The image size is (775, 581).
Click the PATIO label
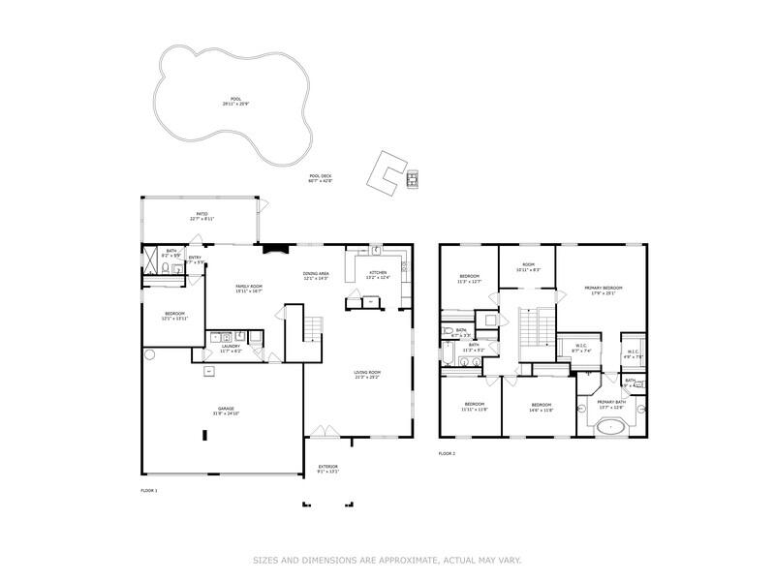point(202,216)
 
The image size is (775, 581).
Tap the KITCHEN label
point(378,274)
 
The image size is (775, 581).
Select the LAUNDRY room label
point(231,348)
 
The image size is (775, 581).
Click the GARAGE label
point(226,410)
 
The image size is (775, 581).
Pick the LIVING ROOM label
point(367,374)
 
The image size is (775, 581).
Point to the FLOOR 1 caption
point(149,491)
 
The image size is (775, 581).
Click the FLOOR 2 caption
point(447,453)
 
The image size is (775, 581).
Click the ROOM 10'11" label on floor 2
point(527,266)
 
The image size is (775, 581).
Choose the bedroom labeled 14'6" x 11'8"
point(541,406)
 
